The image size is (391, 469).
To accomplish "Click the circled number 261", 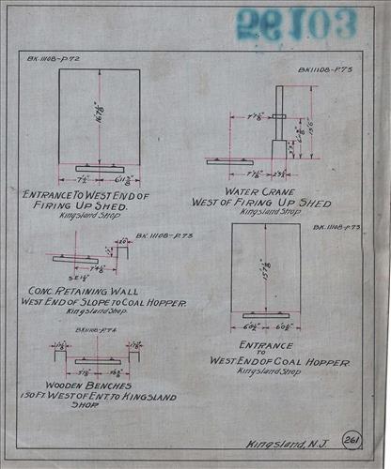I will pos(352,440).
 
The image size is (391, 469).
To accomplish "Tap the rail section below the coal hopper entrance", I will pos(267,314).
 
